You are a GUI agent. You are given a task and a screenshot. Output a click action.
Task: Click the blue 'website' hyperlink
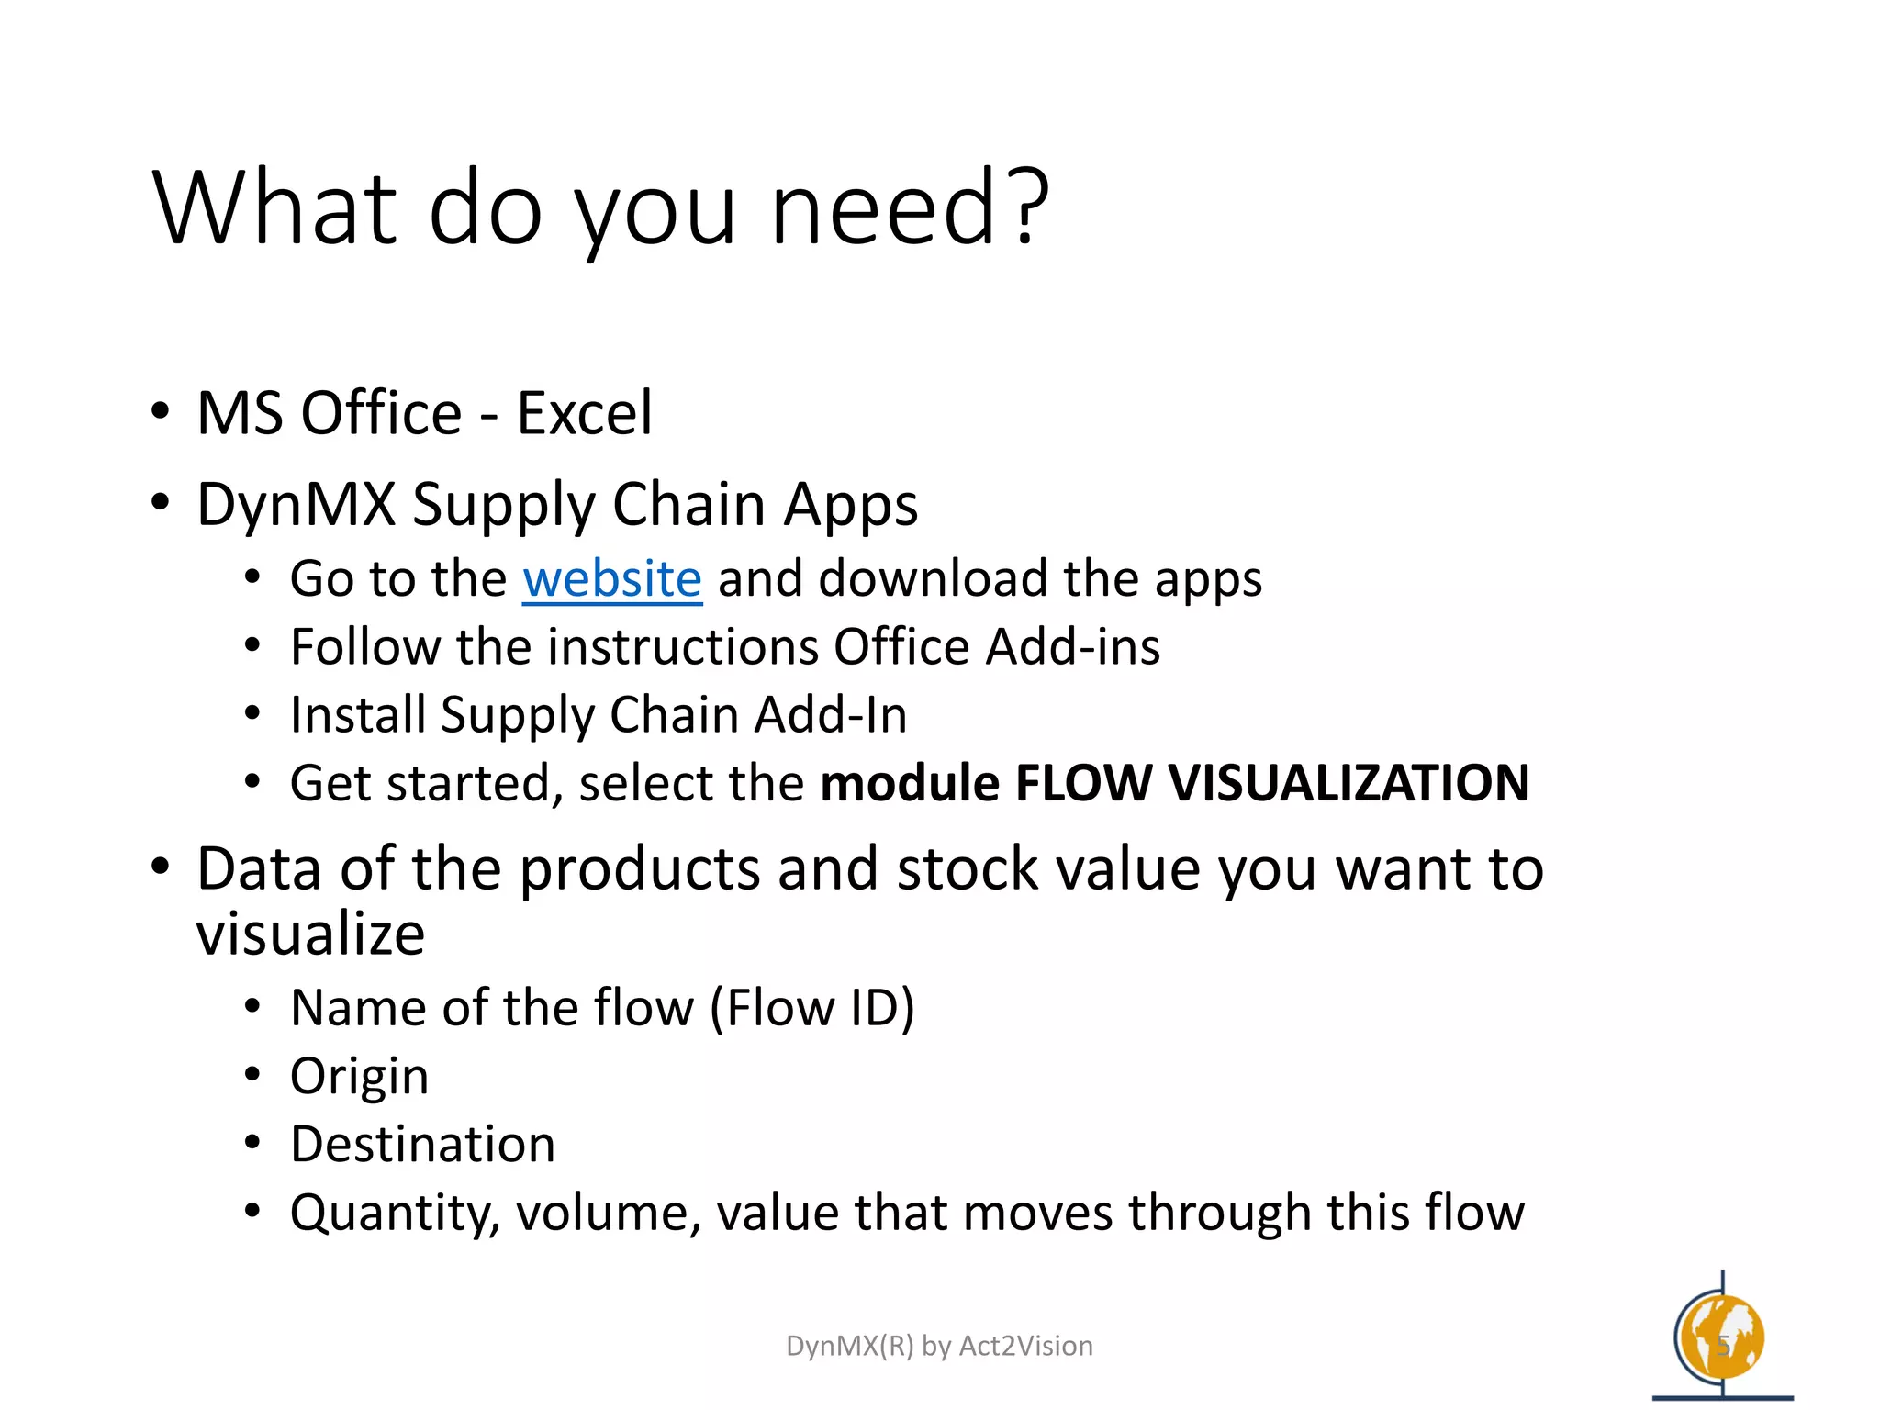click(611, 579)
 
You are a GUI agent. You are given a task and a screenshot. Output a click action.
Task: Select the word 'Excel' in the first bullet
click(585, 413)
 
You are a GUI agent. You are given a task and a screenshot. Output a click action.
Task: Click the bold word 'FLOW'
click(1083, 783)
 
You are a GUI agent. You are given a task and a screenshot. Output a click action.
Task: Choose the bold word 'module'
click(910, 783)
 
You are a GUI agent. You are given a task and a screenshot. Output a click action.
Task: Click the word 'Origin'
click(359, 1076)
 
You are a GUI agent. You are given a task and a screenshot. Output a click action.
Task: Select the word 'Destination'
click(422, 1144)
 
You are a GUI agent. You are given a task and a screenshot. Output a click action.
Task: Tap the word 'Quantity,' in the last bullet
click(395, 1213)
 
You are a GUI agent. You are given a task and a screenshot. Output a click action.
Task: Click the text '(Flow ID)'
click(812, 1008)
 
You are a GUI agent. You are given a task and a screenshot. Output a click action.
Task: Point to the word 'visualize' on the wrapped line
click(310, 934)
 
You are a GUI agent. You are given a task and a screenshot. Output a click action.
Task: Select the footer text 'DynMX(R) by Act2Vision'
click(939, 1346)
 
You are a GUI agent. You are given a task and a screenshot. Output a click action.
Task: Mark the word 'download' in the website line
click(933, 579)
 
